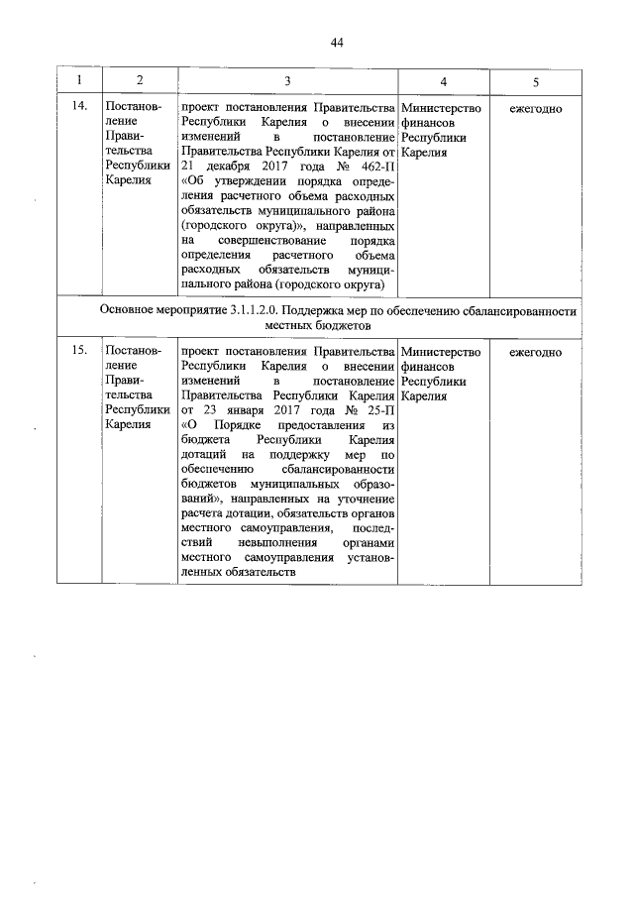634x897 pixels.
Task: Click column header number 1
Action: click(78, 80)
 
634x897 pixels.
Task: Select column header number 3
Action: click(286, 80)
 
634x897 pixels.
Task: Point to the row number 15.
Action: click(78, 352)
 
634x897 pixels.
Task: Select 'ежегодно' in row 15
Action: click(536, 352)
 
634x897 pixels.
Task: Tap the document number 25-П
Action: click(378, 411)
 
